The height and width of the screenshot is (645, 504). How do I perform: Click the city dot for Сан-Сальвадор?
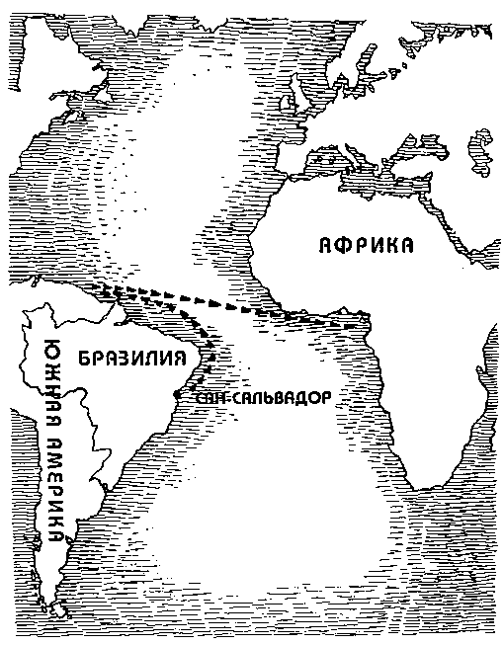point(177,395)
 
